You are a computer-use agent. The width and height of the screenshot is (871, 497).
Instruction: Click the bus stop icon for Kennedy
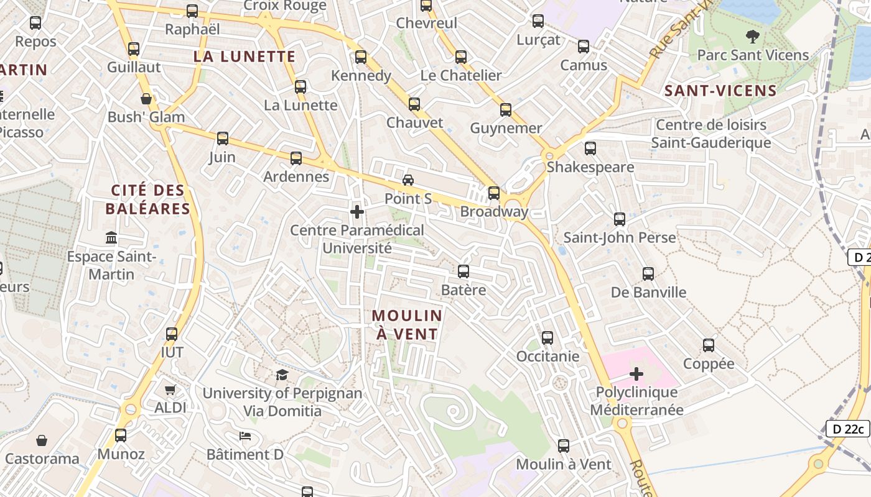361,58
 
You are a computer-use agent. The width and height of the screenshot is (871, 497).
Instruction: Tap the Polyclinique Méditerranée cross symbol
636,374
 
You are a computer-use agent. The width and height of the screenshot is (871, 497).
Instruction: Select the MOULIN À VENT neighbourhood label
407,324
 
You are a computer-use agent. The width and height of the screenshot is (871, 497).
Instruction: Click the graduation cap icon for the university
282,375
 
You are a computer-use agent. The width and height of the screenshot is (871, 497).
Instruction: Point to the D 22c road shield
847,429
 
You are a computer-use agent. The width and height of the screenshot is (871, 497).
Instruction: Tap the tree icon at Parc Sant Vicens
753,37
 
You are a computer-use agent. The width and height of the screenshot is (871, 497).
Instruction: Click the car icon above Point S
408,180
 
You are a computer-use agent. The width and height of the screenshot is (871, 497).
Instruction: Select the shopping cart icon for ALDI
170,390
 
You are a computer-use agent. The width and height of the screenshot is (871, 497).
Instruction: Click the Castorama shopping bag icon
42,440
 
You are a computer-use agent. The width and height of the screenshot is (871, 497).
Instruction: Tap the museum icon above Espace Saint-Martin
111,238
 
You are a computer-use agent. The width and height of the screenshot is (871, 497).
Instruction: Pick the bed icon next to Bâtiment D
245,436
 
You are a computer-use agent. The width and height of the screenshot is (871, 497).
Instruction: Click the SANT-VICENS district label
721,91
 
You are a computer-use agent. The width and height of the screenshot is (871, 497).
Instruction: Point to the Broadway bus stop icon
494,193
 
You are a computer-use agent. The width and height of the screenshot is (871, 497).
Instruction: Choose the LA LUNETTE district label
245,57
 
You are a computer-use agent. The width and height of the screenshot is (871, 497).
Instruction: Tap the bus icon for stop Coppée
709,345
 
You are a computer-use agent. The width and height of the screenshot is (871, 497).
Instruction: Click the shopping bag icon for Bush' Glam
146,99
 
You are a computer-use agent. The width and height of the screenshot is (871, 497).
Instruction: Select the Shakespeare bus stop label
590,167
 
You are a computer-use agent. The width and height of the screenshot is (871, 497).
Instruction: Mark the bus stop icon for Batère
463,271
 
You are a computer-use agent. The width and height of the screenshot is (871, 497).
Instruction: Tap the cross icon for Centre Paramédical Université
357,212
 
